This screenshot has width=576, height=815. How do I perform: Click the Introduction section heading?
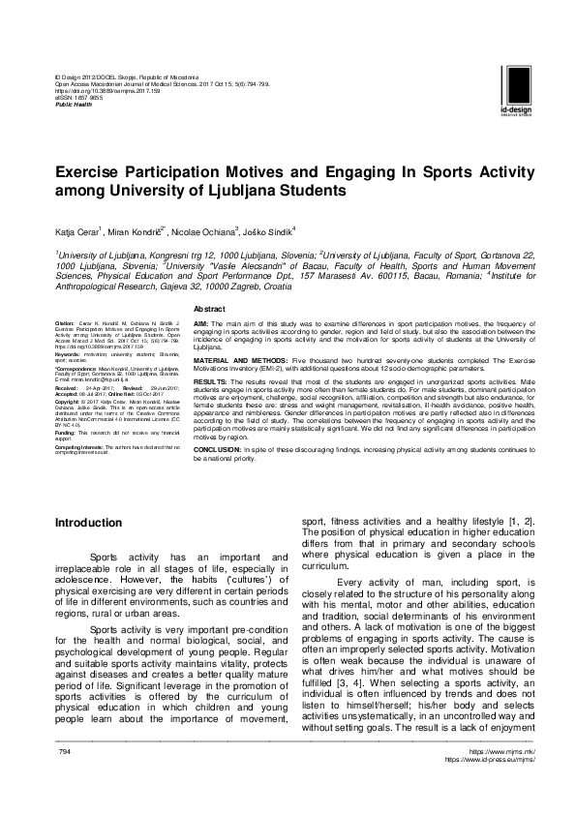89,523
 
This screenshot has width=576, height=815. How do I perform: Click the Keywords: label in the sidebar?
69,355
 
